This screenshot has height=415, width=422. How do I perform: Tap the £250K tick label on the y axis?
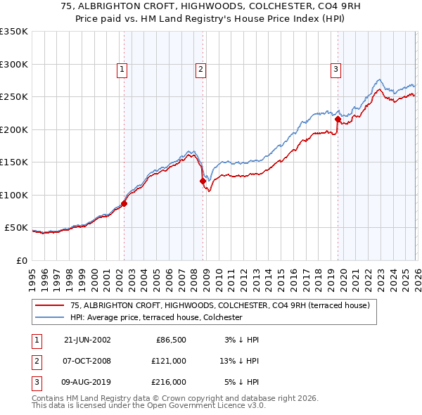(x=14, y=96)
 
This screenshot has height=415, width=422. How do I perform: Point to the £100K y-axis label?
(x=14, y=195)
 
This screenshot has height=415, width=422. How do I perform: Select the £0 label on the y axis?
(x=21, y=260)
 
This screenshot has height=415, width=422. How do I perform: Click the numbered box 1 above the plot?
(x=122, y=69)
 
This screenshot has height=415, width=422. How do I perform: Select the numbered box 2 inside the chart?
(x=200, y=69)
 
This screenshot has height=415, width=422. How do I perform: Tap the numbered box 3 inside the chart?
(x=335, y=69)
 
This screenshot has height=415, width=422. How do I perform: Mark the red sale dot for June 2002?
(x=124, y=204)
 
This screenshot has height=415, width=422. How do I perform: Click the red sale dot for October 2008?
(x=203, y=181)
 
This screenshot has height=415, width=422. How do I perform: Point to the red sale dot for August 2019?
(x=338, y=119)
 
